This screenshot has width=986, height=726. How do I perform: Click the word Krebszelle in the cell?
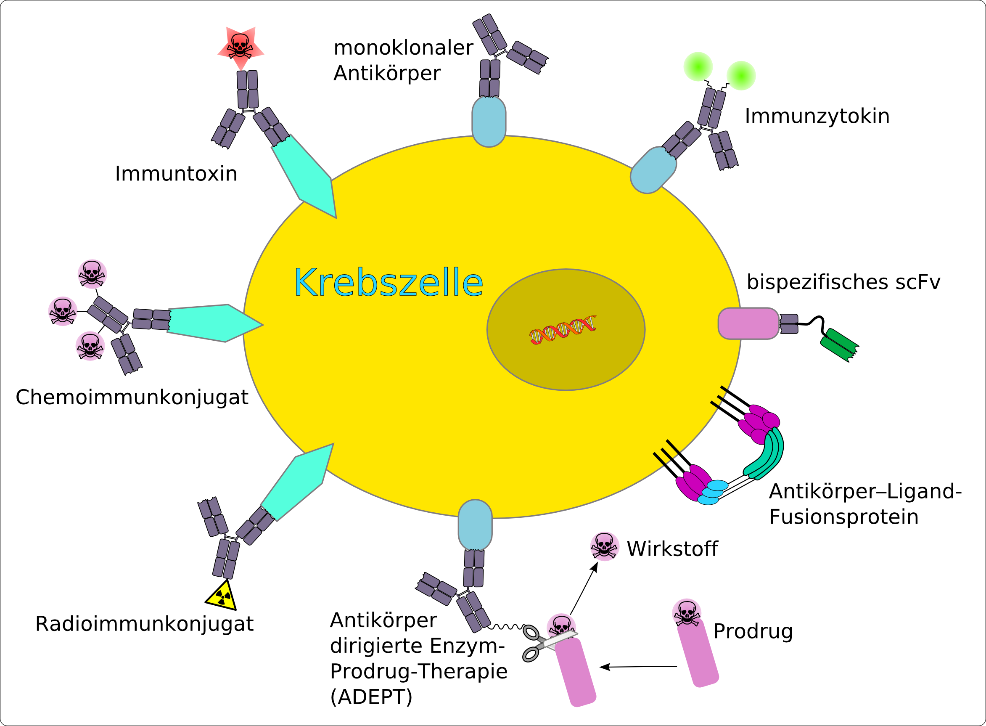click(388, 283)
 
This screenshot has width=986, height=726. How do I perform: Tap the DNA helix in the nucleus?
click(563, 329)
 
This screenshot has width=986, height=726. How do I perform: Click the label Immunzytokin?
click(817, 116)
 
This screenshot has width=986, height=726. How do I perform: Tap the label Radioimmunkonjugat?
click(144, 624)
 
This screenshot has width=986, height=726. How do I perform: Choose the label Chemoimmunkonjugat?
click(132, 397)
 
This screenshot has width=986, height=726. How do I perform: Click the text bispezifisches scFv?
click(843, 282)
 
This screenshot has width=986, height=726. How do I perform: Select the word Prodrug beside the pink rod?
click(753, 631)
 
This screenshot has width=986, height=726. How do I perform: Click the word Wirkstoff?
click(672, 549)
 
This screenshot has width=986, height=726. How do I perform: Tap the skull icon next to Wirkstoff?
click(604, 547)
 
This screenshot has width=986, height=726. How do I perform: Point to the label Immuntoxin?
click(176, 174)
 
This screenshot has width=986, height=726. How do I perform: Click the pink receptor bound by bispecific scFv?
click(748, 323)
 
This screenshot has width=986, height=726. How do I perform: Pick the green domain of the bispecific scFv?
click(839, 345)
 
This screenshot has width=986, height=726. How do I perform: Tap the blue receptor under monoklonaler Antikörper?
click(489, 122)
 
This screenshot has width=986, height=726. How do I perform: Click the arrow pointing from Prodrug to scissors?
click(639, 667)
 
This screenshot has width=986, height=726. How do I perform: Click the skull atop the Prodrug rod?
click(687, 612)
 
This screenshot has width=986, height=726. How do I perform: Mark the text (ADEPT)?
click(371, 697)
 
